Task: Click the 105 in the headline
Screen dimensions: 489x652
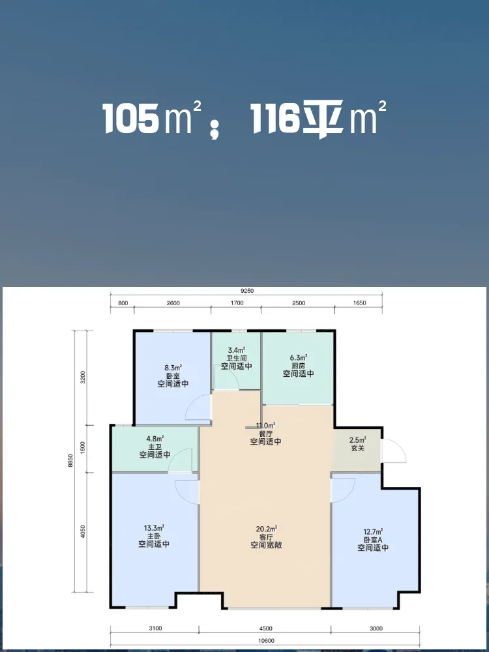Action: pyautogui.click(x=132, y=119)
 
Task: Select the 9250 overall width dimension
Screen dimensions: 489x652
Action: pyautogui.click(x=247, y=291)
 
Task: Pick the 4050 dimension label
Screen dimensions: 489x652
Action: pyautogui.click(x=83, y=532)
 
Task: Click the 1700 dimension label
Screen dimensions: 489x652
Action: pyautogui.click(x=237, y=303)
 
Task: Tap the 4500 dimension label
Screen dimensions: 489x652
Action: pyautogui.click(x=265, y=629)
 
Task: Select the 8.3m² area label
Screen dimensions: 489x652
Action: pyautogui.click(x=173, y=367)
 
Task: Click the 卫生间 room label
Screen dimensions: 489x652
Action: pyautogui.click(x=237, y=358)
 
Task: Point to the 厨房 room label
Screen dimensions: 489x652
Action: pyautogui.click(x=299, y=366)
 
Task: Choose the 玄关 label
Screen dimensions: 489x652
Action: pyautogui.click(x=357, y=449)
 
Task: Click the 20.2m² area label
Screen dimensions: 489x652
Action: pyautogui.click(x=267, y=529)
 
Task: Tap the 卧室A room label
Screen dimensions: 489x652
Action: pyautogui.click(x=373, y=540)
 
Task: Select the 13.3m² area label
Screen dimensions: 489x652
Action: pyautogui.click(x=154, y=527)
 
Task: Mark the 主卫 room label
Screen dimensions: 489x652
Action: pyautogui.click(x=155, y=447)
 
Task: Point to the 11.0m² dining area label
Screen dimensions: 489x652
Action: pyautogui.click(x=266, y=425)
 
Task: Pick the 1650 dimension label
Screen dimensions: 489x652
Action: pyautogui.click(x=359, y=303)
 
